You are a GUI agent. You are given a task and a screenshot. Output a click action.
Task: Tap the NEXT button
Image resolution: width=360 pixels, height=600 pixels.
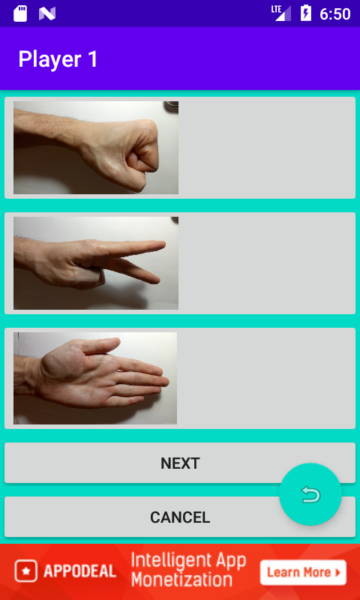coord(180,463)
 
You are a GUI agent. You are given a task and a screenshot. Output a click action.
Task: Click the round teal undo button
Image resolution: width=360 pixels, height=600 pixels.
coord(310,494)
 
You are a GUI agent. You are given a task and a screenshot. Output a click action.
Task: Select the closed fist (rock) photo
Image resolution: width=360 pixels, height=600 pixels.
coord(96,148)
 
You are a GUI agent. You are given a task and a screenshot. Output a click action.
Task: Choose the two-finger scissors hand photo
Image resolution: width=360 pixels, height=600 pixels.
coord(96,263)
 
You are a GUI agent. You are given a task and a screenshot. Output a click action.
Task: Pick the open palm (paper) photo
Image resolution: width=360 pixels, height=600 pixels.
coord(95,378)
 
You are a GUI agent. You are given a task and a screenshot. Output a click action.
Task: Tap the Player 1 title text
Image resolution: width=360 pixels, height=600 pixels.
coord(58,59)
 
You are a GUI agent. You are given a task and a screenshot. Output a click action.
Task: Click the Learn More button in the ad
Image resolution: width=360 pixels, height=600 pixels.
coord(304,572)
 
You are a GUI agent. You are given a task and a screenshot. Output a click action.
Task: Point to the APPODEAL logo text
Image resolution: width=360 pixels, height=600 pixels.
coord(80,571)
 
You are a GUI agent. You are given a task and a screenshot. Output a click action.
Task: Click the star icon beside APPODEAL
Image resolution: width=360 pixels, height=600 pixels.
coord(26,571)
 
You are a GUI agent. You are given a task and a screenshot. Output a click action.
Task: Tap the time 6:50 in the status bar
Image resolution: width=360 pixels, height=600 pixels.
coord(335,14)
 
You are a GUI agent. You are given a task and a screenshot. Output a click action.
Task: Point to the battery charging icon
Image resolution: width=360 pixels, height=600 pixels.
coord(306,13)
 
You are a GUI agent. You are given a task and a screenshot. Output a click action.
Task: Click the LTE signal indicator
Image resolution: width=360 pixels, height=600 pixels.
coord(281,13)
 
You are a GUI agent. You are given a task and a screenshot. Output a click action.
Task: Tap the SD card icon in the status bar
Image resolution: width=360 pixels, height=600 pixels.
coord(20,13)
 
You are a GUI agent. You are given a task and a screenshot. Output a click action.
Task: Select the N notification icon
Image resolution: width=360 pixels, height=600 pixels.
coord(47,13)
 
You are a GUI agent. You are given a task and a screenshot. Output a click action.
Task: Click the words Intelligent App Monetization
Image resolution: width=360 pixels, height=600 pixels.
coord(188,570)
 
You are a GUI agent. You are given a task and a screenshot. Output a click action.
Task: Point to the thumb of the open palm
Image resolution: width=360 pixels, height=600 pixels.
coord(100,345)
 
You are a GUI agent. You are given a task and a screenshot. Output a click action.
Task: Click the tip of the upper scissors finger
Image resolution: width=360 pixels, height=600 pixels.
coord(163,244)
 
